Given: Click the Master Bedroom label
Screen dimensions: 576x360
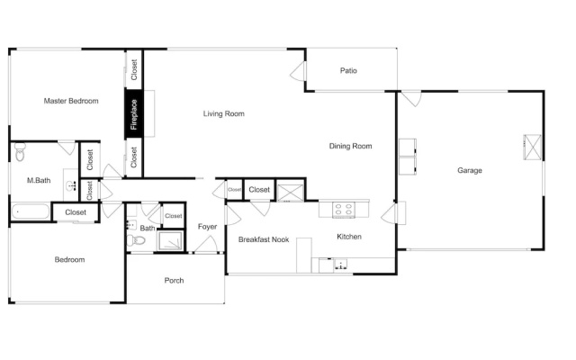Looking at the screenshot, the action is (x=71, y=101).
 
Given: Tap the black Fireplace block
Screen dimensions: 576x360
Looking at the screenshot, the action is (x=134, y=114).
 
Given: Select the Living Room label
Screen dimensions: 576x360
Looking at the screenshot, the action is (x=224, y=113).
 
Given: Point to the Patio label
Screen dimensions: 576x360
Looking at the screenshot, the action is (x=348, y=70).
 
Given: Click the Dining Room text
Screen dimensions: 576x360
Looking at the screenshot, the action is (x=350, y=146).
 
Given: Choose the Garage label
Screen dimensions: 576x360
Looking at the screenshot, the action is (x=470, y=170).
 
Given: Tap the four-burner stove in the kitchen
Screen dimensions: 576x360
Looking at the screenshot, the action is (x=344, y=210).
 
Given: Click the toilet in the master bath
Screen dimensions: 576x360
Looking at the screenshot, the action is (x=20, y=152).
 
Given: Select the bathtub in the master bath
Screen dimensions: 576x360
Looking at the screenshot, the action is (x=30, y=212).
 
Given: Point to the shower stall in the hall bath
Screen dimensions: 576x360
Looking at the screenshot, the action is (x=170, y=240).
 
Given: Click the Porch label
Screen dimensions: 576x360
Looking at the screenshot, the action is (x=174, y=280).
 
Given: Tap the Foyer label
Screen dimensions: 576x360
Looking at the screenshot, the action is (x=207, y=226).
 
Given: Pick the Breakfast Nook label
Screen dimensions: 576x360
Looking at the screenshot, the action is (x=264, y=239).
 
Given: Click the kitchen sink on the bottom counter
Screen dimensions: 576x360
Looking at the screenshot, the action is (x=341, y=265).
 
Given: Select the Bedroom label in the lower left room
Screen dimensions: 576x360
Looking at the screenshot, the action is (x=69, y=259).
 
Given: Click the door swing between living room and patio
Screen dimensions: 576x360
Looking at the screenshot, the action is (x=298, y=71).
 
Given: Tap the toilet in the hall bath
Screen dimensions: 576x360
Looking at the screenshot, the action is (x=136, y=240).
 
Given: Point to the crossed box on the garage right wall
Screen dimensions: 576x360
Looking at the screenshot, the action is (x=532, y=147).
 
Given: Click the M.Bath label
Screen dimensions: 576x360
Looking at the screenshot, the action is (x=39, y=180).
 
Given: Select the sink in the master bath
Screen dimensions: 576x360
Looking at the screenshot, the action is (x=71, y=186).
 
